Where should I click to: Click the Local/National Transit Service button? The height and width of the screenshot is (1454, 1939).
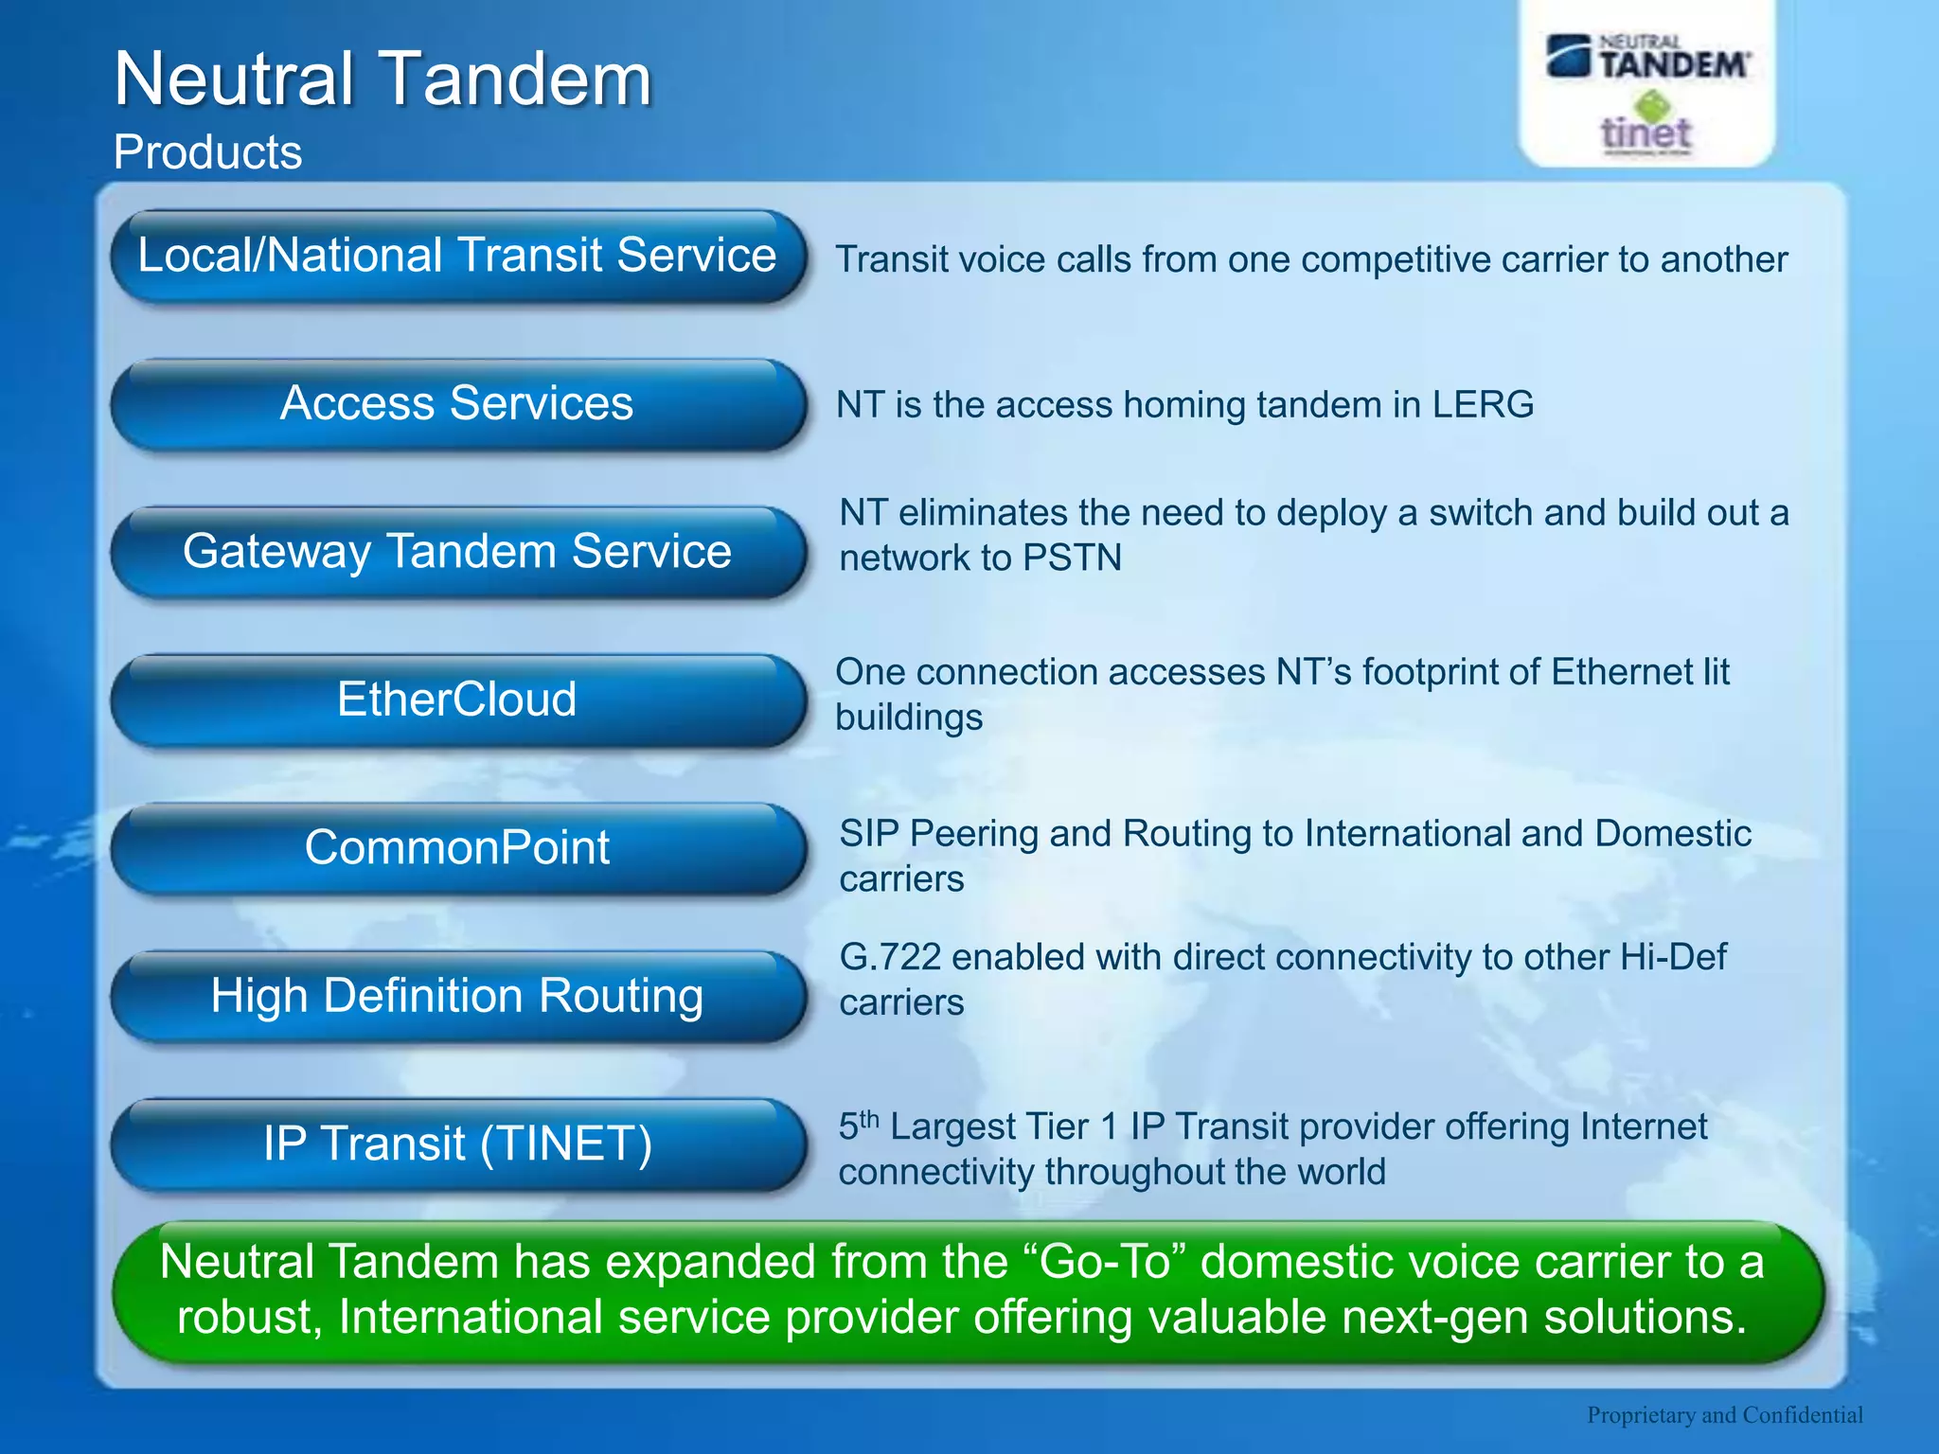pos(457,257)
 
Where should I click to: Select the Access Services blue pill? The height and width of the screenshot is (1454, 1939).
pos(457,404)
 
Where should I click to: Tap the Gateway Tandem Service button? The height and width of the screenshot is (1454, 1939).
pos(457,552)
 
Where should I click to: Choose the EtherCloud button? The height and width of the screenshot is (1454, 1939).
pos(457,700)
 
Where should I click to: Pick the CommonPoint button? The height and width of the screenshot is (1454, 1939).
pos(457,848)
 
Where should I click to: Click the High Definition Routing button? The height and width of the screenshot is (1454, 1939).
pos(457,996)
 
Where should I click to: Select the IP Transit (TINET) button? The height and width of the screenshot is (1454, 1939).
pos(457,1144)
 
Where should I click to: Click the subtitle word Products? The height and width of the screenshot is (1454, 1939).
pos(207,152)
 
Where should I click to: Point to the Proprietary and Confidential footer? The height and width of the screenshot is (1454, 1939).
pos(1724,1414)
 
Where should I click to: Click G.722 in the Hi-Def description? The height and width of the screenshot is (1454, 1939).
pos(889,958)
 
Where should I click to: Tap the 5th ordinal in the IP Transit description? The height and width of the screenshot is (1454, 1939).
pos(858,1126)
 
